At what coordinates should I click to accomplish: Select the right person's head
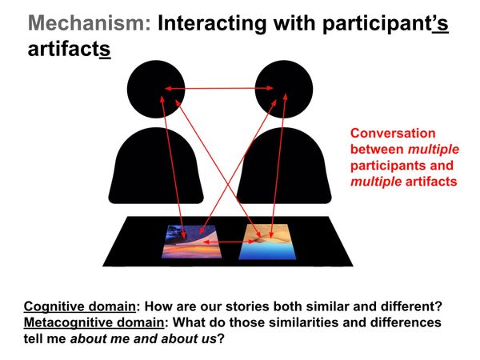(281, 87)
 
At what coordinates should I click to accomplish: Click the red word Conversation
(393, 134)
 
